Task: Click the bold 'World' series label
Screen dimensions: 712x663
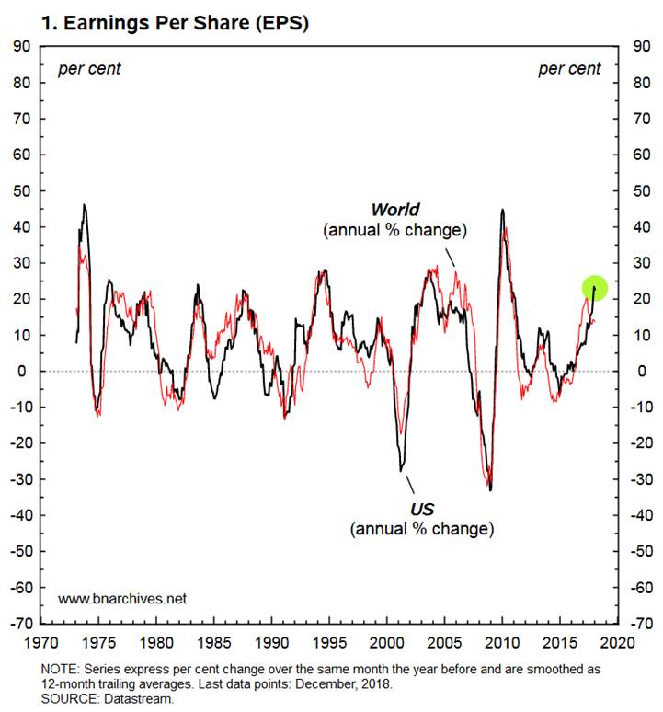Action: click(x=394, y=211)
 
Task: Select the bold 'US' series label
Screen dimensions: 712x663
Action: click(x=422, y=510)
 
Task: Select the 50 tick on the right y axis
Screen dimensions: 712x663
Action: click(x=634, y=190)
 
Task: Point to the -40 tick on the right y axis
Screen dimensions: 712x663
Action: click(x=636, y=514)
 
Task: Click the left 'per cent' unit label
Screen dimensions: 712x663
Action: click(x=89, y=68)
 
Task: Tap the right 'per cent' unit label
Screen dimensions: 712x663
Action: click(x=569, y=68)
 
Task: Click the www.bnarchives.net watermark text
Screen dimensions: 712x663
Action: click(x=122, y=598)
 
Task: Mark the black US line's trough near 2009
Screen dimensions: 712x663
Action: click(x=490, y=489)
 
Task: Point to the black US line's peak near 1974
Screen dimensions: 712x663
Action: click(x=85, y=205)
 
